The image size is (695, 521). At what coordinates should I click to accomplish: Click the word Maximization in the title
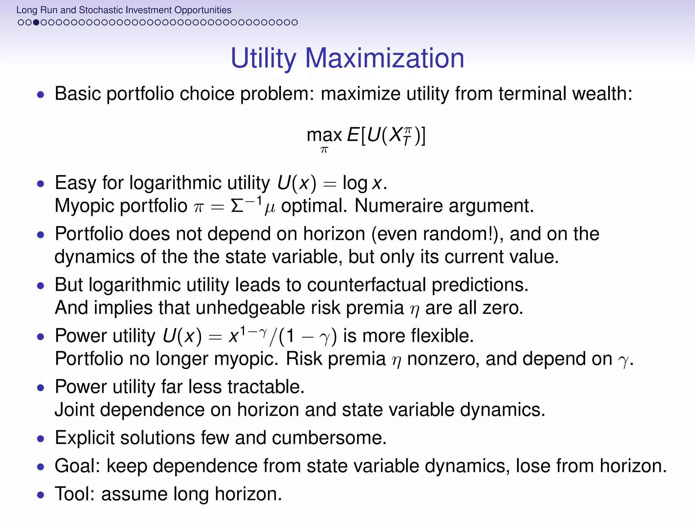point(384,58)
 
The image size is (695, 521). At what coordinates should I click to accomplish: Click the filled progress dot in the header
point(36,22)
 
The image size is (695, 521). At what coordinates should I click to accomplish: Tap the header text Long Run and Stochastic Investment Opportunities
point(124,10)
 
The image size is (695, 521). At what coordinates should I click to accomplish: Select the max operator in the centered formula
point(324,135)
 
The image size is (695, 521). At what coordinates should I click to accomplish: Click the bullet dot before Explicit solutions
point(41,439)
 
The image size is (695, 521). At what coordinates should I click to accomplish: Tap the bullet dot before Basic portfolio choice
point(41,95)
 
